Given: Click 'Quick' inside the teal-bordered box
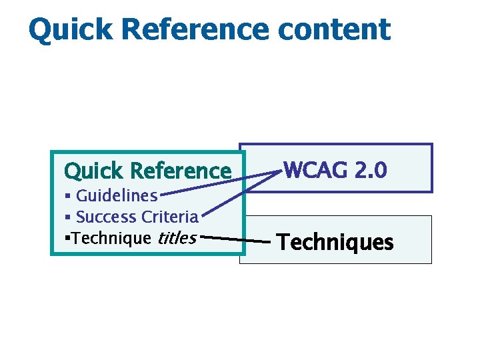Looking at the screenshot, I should pyautogui.click(x=94, y=171).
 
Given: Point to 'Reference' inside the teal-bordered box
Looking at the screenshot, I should pyautogui.click(x=181, y=171).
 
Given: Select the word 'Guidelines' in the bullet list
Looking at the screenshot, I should pyautogui.click(x=117, y=196).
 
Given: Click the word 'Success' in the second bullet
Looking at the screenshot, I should pyautogui.click(x=106, y=217).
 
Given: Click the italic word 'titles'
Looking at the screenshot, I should pyautogui.click(x=177, y=238).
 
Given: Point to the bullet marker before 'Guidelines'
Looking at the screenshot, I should pyautogui.click(x=67, y=196).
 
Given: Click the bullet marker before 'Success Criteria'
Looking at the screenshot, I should pyautogui.click(x=67, y=217).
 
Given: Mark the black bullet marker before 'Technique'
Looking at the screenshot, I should pyautogui.click(x=67, y=238).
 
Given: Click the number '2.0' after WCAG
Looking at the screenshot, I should pyautogui.click(x=370, y=171).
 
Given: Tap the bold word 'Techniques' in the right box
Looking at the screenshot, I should pyautogui.click(x=335, y=242).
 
